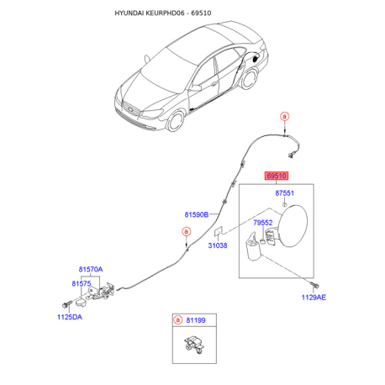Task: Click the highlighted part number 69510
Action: pyautogui.click(x=277, y=176)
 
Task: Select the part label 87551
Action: pyautogui.click(x=284, y=193)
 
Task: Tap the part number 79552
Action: pyautogui.click(x=263, y=223)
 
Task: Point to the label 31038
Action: pyautogui.click(x=218, y=245)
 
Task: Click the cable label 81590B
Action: pyautogui.click(x=197, y=214)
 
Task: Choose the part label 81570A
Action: pyautogui.click(x=91, y=269)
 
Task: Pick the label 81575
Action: pyautogui.click(x=82, y=283)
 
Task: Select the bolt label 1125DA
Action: pyautogui.click(x=70, y=317)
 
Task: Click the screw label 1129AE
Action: pyautogui.click(x=314, y=298)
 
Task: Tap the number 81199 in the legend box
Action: pyautogui.click(x=196, y=320)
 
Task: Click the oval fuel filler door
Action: pyautogui.click(x=293, y=226)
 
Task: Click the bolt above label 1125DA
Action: pyautogui.click(x=66, y=304)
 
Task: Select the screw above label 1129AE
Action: pyautogui.click(x=315, y=285)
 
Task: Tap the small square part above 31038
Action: pyautogui.click(x=219, y=231)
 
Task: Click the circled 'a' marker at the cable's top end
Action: pyautogui.click(x=285, y=116)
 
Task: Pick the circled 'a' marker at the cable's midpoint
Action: pyautogui.click(x=187, y=232)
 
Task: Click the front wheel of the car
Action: pyautogui.click(x=175, y=121)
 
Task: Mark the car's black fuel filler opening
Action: pyautogui.click(x=256, y=59)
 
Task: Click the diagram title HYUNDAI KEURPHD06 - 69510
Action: pyautogui.click(x=163, y=13)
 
